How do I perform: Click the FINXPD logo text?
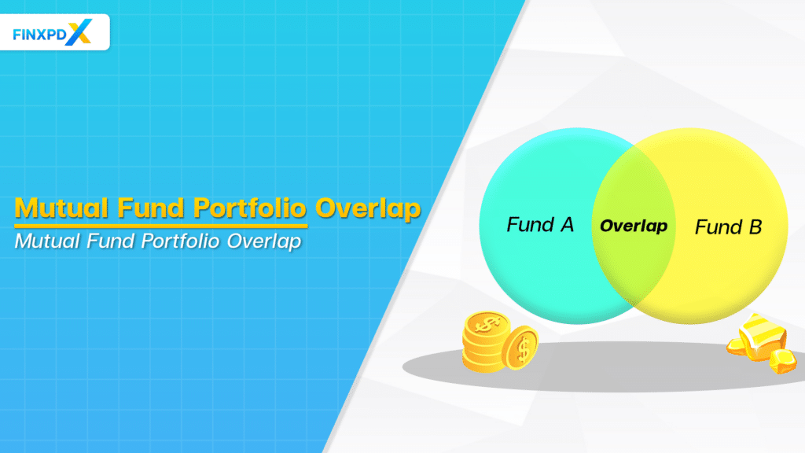coord(42,33)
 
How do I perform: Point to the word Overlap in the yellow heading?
coord(367,209)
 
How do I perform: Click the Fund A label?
coord(540,225)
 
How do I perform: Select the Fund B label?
coord(728,228)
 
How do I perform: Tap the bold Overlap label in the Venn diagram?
coord(634,226)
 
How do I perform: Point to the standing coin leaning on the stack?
coord(520,347)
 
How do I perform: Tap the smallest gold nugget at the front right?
coord(783,363)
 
